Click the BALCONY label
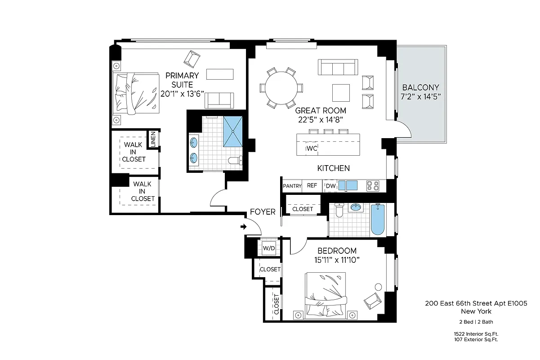[420, 87]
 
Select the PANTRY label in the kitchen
[292, 186]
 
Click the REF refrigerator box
[312, 186]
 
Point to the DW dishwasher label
[330, 186]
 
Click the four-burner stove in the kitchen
[373, 185]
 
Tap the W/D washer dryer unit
[269, 248]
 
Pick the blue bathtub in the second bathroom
[378, 220]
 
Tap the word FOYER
[263, 212]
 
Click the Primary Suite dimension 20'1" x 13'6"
[182, 94]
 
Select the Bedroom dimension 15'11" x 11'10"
[337, 260]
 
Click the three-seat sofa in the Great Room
[337, 67]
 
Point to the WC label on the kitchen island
[312, 148]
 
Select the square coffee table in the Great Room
[341, 93]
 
